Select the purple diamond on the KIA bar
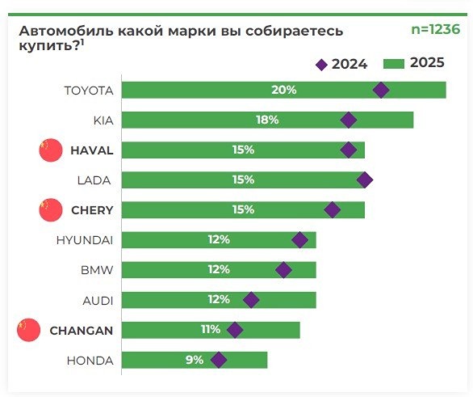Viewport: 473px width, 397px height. pos(349,120)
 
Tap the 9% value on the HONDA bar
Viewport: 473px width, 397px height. pos(194,360)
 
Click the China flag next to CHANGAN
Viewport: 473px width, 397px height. pos(27,330)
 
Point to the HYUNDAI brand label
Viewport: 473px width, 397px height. pos(85,240)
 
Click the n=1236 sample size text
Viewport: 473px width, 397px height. pos(435,30)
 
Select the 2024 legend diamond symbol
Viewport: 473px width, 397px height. pos(321,64)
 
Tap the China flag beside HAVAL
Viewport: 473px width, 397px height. pos(50,150)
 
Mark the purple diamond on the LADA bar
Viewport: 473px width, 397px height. pos(365,179)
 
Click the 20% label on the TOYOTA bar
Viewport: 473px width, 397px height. pos(283,90)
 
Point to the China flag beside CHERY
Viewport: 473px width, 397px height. pos(50,210)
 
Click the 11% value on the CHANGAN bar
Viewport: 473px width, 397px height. pos(210,330)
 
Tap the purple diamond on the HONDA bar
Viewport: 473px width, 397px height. pos(219,360)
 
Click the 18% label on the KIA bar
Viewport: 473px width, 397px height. pos(267,120)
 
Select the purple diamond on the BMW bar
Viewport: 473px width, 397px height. pos(283,270)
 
